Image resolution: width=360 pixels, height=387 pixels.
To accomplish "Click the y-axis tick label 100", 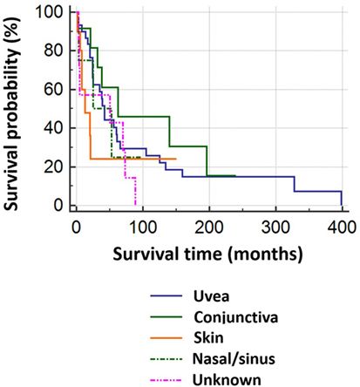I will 51,12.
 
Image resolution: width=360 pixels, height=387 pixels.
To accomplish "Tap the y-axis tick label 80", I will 55,51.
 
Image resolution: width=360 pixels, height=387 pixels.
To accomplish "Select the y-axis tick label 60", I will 55,90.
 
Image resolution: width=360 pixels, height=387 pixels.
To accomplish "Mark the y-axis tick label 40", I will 55,128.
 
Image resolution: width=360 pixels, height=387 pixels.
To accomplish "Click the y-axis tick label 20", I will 55,166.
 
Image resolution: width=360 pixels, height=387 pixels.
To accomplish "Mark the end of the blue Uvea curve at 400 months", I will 342,205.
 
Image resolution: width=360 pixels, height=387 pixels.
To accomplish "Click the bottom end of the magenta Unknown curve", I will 135,205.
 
